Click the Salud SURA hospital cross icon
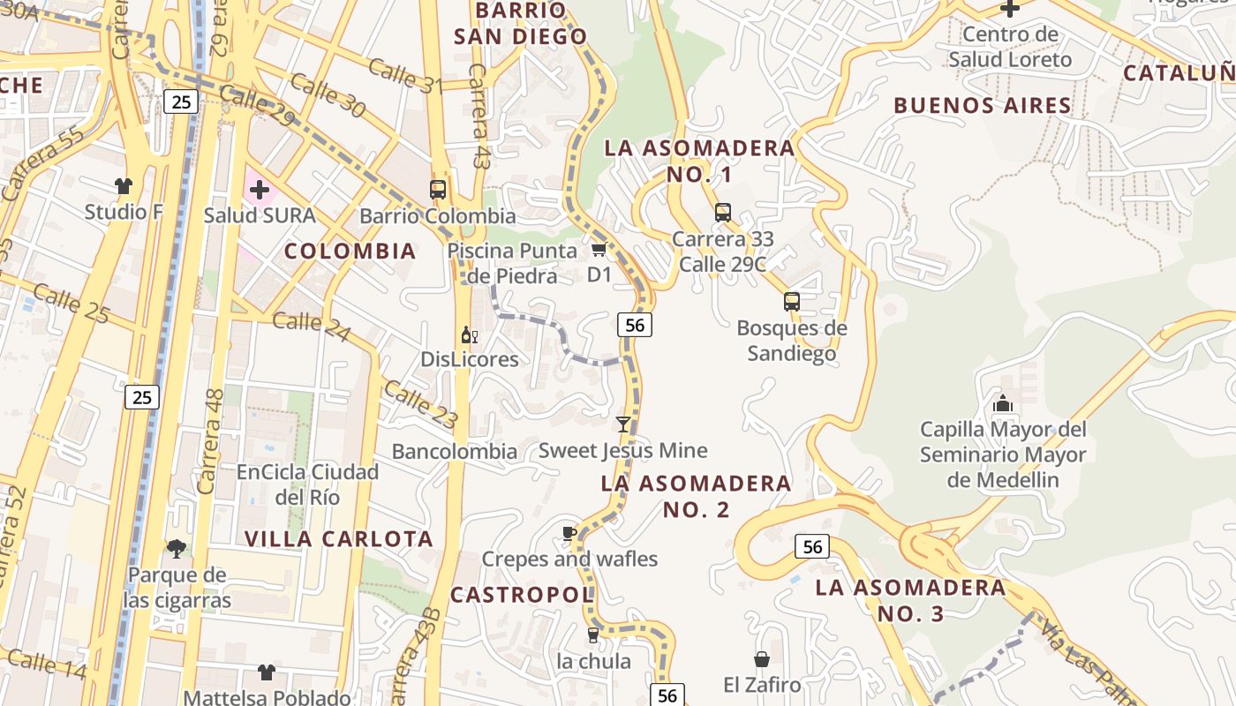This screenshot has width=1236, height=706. coord(259,189)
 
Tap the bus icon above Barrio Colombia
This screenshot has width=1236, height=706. coord(438,189)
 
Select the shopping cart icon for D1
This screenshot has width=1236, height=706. coord(599,250)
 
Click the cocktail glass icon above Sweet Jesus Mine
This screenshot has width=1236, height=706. coord(623,424)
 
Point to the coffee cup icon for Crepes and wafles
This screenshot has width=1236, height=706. coord(569,533)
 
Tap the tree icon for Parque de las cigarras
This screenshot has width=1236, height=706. coord(177,549)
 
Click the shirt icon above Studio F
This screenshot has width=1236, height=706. coord(124,185)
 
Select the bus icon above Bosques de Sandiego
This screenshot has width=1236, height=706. coord(792,302)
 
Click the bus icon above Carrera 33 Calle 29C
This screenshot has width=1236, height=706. coord(723,213)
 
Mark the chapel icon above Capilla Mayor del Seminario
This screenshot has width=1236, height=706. coord(1003,403)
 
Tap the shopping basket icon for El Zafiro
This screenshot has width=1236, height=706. coord(761,659)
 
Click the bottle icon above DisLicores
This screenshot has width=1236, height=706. coord(470,334)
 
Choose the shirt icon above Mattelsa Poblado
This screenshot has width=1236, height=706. coord(267,672)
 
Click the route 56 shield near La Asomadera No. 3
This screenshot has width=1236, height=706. coord(812,547)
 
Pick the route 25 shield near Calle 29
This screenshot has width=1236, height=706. coord(181,101)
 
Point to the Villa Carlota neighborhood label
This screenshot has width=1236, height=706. coord(339,538)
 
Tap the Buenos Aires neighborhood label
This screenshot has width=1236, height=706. coord(983,106)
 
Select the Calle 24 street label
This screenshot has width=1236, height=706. coord(310,326)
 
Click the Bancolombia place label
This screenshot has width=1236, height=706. coord(455,452)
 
